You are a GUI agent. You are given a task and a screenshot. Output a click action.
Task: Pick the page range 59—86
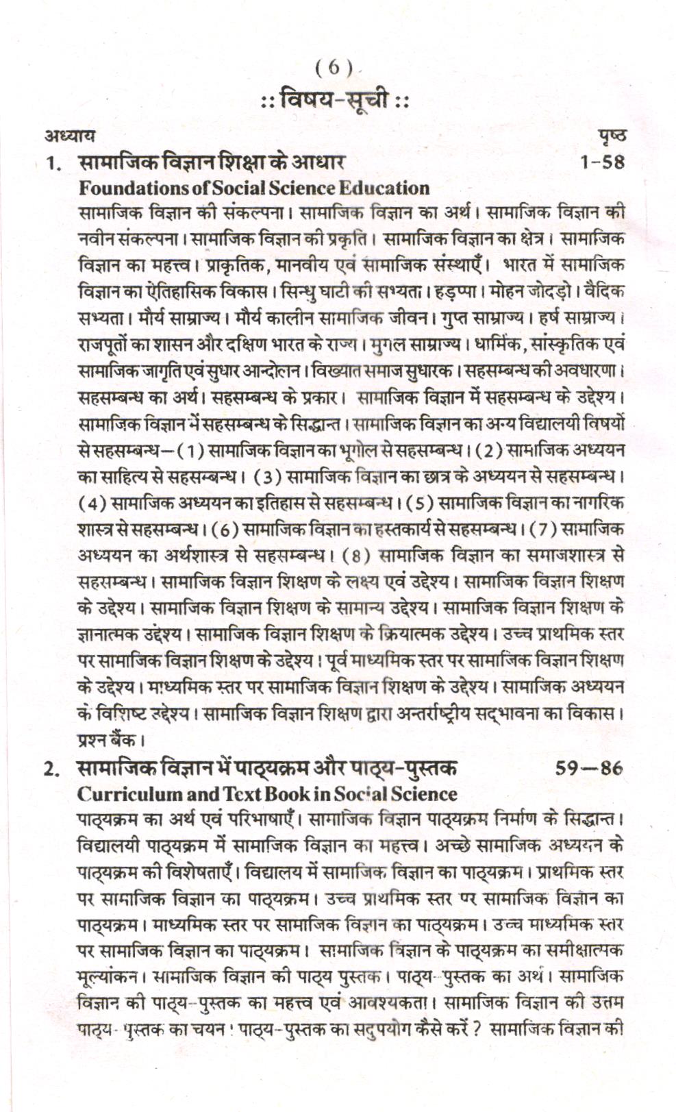pyautogui.click(x=589, y=769)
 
